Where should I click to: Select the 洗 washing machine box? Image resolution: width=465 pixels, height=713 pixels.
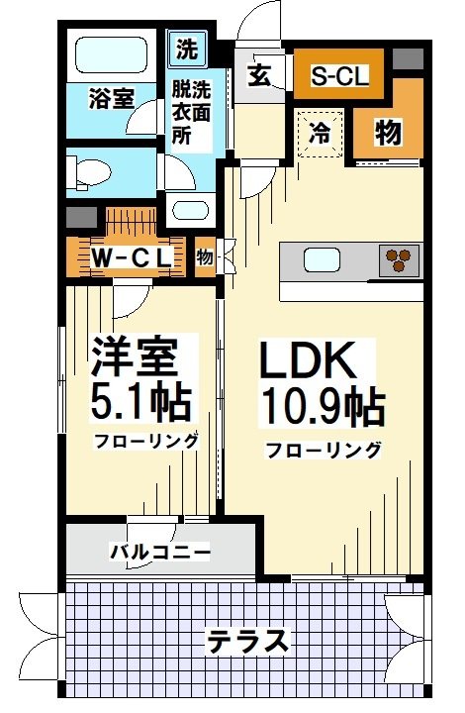coord(186,48)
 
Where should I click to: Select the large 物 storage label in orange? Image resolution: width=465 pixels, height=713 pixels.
coord(388,132)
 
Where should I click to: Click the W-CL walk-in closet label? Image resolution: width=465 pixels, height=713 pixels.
coord(133,256)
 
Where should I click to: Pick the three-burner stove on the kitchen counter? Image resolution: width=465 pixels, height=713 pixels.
coord(401,259)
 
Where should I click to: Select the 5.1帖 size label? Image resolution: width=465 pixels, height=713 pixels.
coord(141,400)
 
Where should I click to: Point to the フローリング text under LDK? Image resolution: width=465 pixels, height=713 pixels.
coord(323,451)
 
